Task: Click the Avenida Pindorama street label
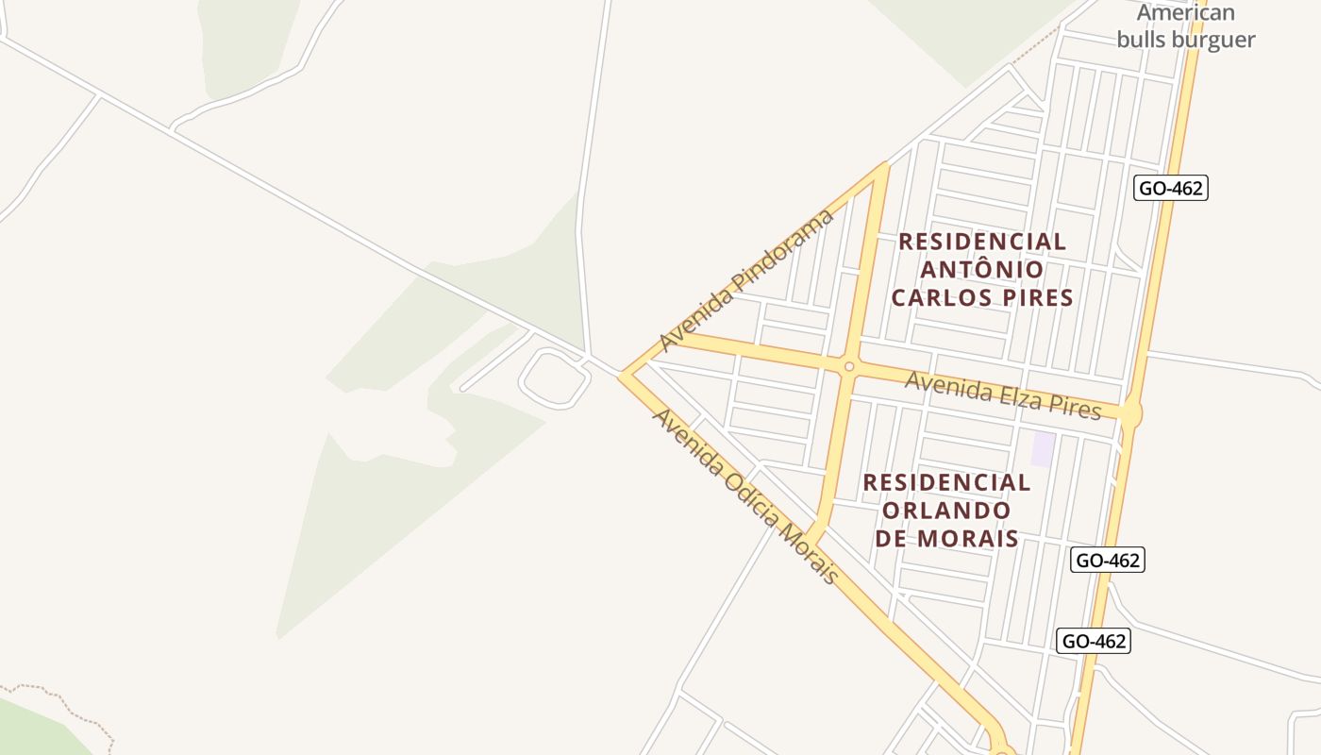pos(747,280)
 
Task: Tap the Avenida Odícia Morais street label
pos(745,496)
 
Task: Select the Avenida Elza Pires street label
pos(1003,395)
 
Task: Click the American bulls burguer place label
pos(1186,26)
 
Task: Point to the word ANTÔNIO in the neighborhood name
pos(982,270)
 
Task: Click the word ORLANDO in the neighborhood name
pos(945,511)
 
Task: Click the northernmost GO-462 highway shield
pos(1170,188)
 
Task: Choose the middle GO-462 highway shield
pos(1109,560)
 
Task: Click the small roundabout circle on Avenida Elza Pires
pos(848,366)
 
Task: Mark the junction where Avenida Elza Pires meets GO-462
pos(1129,412)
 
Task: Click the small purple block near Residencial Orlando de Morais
pos(1042,448)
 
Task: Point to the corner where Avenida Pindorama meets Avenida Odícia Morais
pos(624,376)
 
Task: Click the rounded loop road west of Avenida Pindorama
pos(554,377)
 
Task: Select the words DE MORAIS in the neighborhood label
pos(946,539)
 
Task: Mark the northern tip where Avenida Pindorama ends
pos(884,165)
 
